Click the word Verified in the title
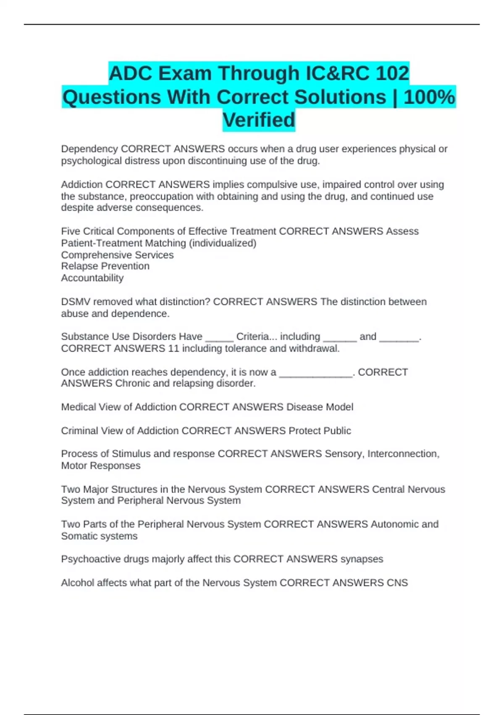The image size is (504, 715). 259,120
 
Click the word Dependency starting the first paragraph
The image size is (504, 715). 89,149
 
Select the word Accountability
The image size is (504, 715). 92,278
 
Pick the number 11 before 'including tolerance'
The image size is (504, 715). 173,348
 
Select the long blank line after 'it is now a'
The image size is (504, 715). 316,373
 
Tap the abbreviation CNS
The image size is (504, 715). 397,583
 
